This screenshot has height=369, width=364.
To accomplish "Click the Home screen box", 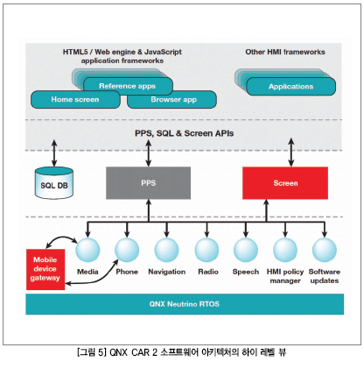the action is point(75,100).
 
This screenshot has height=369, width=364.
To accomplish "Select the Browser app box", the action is point(172,100).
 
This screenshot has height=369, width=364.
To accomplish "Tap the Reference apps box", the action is point(128,86).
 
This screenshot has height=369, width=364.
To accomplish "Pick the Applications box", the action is point(290,87).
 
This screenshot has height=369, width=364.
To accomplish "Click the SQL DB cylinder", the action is point(54,183).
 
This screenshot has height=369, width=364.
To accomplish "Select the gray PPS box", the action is point(148,183).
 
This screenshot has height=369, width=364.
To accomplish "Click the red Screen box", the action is point(285,183).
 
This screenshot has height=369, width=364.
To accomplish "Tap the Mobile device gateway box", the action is point(45,269).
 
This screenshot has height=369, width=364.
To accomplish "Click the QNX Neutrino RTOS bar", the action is point(185,304).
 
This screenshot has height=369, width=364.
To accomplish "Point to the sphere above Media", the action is point(87,250).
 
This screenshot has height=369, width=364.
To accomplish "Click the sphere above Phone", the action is point(127,250).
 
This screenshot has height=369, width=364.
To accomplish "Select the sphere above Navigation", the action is point(166,250).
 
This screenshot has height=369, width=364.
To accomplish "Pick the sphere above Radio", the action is point(206,250).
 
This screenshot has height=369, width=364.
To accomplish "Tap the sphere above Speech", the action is point(246,250).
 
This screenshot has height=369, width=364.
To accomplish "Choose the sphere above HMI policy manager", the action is point(285,250).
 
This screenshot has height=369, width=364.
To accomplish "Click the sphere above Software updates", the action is point(325,250).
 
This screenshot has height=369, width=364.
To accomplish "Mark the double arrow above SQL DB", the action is point(54,153).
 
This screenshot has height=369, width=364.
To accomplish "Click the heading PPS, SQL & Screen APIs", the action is point(185,133).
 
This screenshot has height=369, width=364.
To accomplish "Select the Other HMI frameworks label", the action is point(285,52).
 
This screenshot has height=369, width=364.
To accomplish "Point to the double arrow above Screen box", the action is point(291,153).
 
